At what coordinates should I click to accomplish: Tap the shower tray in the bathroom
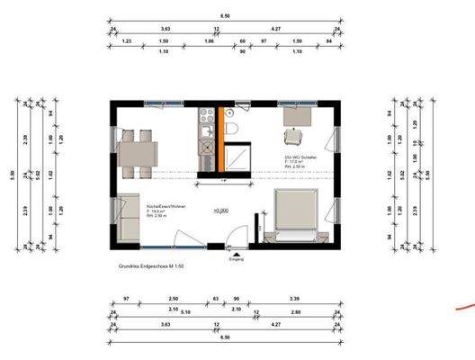(238, 157)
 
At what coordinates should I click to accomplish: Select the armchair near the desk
(293, 137)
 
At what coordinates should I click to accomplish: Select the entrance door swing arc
(231, 236)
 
